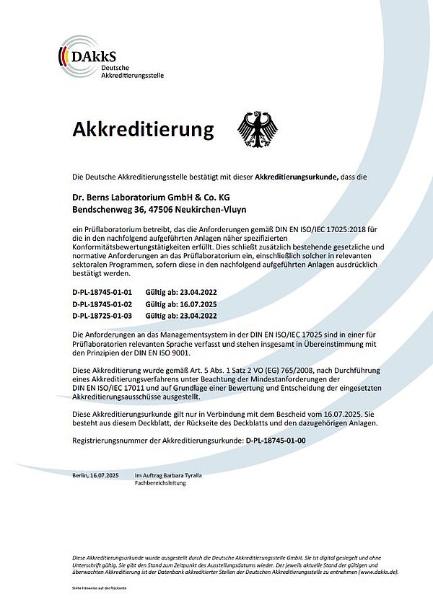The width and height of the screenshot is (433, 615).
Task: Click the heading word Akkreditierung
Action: pyautogui.click(x=144, y=130)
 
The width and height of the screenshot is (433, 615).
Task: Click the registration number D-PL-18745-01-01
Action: pyautogui.click(x=103, y=293)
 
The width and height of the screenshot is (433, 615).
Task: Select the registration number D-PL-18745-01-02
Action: pyautogui.click(x=103, y=304)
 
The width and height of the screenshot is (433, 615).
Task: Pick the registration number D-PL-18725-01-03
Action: pyautogui.click(x=103, y=316)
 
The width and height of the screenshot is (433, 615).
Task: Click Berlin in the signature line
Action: pyautogui.click(x=82, y=477)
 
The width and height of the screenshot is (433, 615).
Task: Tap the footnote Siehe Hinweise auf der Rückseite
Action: pyautogui.click(x=100, y=590)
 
